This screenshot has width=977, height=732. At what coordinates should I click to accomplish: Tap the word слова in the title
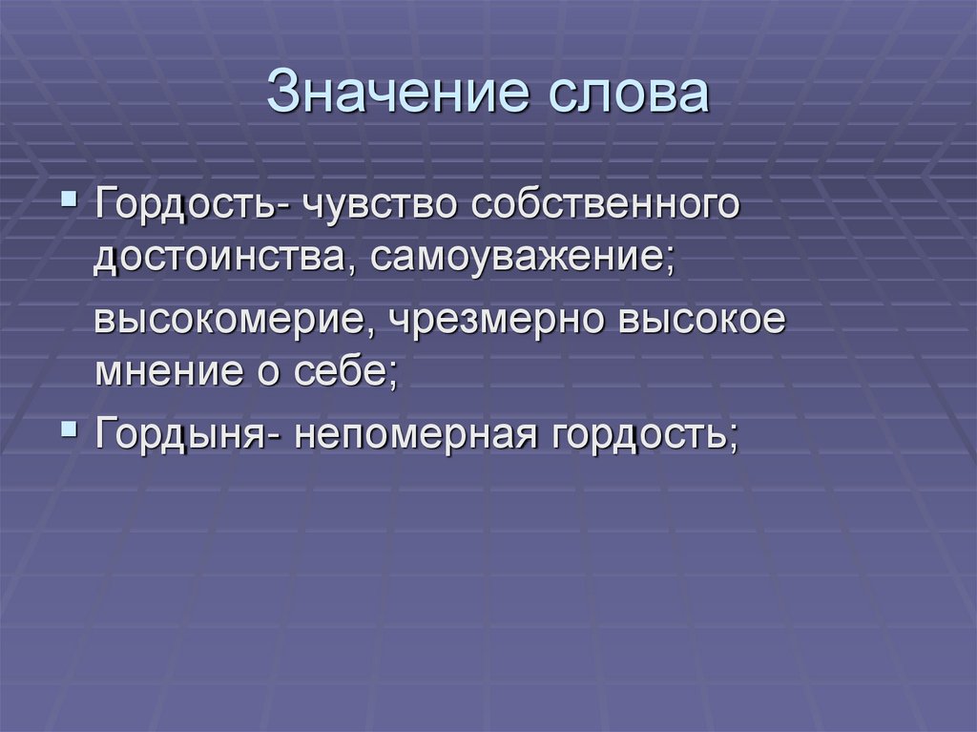[629, 94]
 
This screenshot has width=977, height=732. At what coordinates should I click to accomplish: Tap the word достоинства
[219, 259]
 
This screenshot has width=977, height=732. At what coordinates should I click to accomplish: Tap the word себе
[345, 370]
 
